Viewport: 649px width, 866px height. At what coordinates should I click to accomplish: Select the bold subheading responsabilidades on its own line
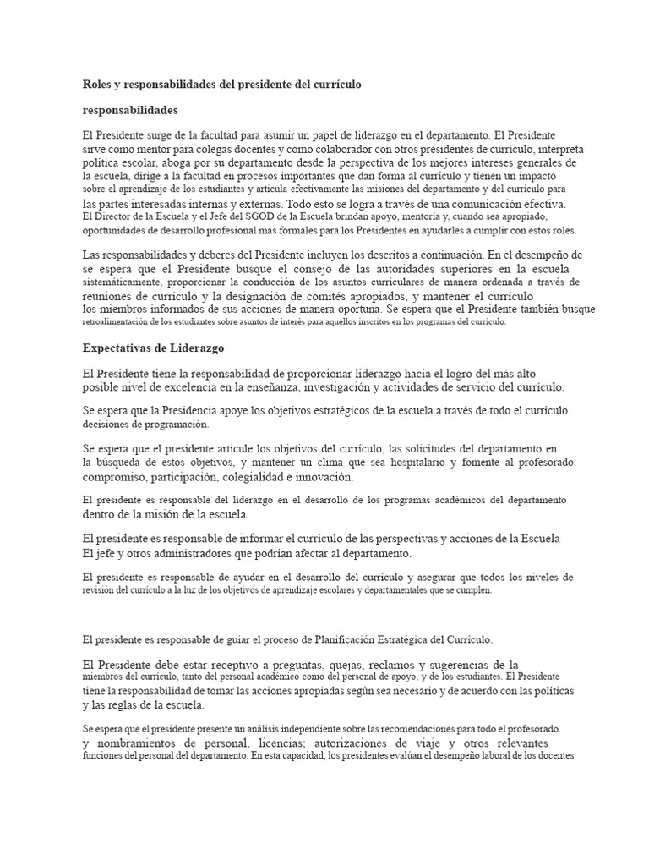click(x=129, y=111)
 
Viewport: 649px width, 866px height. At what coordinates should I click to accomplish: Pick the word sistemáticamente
click(x=122, y=282)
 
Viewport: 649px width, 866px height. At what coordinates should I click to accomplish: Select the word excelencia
click(x=208, y=387)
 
